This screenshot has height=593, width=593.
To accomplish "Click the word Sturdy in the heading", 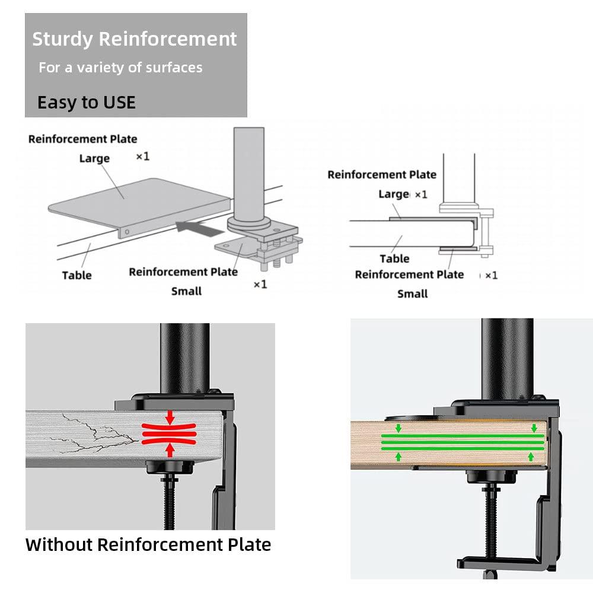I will tap(62, 39).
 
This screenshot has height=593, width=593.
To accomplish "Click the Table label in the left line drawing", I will tap(76, 275).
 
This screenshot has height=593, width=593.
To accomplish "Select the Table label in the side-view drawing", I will tap(394, 259).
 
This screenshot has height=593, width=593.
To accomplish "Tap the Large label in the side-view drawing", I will tap(394, 194).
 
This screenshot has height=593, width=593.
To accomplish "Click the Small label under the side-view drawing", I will tap(412, 294).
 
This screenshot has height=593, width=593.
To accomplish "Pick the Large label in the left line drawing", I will tap(94, 158).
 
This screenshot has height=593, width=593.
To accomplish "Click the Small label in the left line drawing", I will tap(186, 291).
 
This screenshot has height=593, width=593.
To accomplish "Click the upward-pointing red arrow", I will tap(170, 451).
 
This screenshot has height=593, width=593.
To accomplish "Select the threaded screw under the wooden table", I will tap(493, 516).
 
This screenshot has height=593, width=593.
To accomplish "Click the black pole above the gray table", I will tap(184, 356).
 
